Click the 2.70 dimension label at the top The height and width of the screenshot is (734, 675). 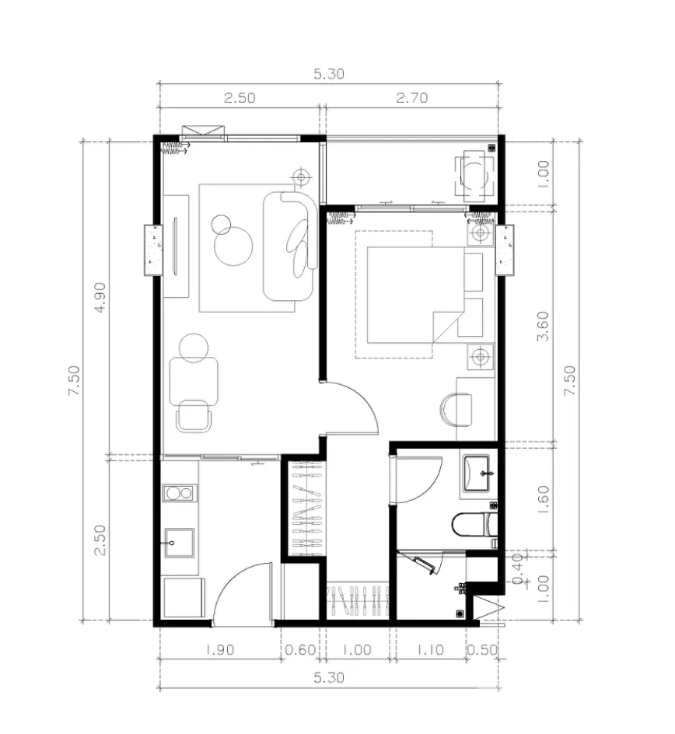tap(412, 98)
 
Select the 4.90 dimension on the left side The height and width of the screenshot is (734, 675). tap(100, 297)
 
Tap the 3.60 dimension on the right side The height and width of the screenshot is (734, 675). tap(543, 327)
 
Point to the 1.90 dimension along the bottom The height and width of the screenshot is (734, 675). tap(219, 650)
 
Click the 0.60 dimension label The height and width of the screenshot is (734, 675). tap(300, 650)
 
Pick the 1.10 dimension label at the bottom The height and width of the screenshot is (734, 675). tap(430, 650)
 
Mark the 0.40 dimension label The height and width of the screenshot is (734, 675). tap(517, 569)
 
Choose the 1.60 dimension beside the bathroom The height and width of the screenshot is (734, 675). tap(543, 499)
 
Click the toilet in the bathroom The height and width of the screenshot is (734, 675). tap(474, 524)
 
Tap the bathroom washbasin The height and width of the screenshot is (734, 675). tap(477, 473)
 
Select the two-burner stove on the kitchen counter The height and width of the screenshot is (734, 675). tap(180, 493)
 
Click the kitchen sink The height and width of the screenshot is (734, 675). tap(180, 543)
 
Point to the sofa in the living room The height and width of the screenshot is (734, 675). tap(290, 246)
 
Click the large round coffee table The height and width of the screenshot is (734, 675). tap(233, 246)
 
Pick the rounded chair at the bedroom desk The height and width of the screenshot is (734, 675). tap(456, 410)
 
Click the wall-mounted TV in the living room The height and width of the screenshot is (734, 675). tap(176, 246)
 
